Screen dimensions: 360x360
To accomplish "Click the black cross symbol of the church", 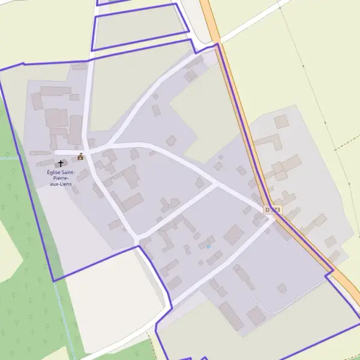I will coord(61,163).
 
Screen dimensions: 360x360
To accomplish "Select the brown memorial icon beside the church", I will coord(80,157).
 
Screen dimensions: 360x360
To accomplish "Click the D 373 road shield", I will coord(272,209).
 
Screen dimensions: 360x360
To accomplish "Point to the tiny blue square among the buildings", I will coord(208,247).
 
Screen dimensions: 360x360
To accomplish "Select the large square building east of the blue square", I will coord(233,235).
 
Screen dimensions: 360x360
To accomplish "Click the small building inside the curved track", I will coord(282,289).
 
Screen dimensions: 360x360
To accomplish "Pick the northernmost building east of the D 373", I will coord(281,122).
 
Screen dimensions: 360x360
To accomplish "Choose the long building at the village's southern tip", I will coord(230,316).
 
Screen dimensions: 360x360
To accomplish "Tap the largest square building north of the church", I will coord(57,118).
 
